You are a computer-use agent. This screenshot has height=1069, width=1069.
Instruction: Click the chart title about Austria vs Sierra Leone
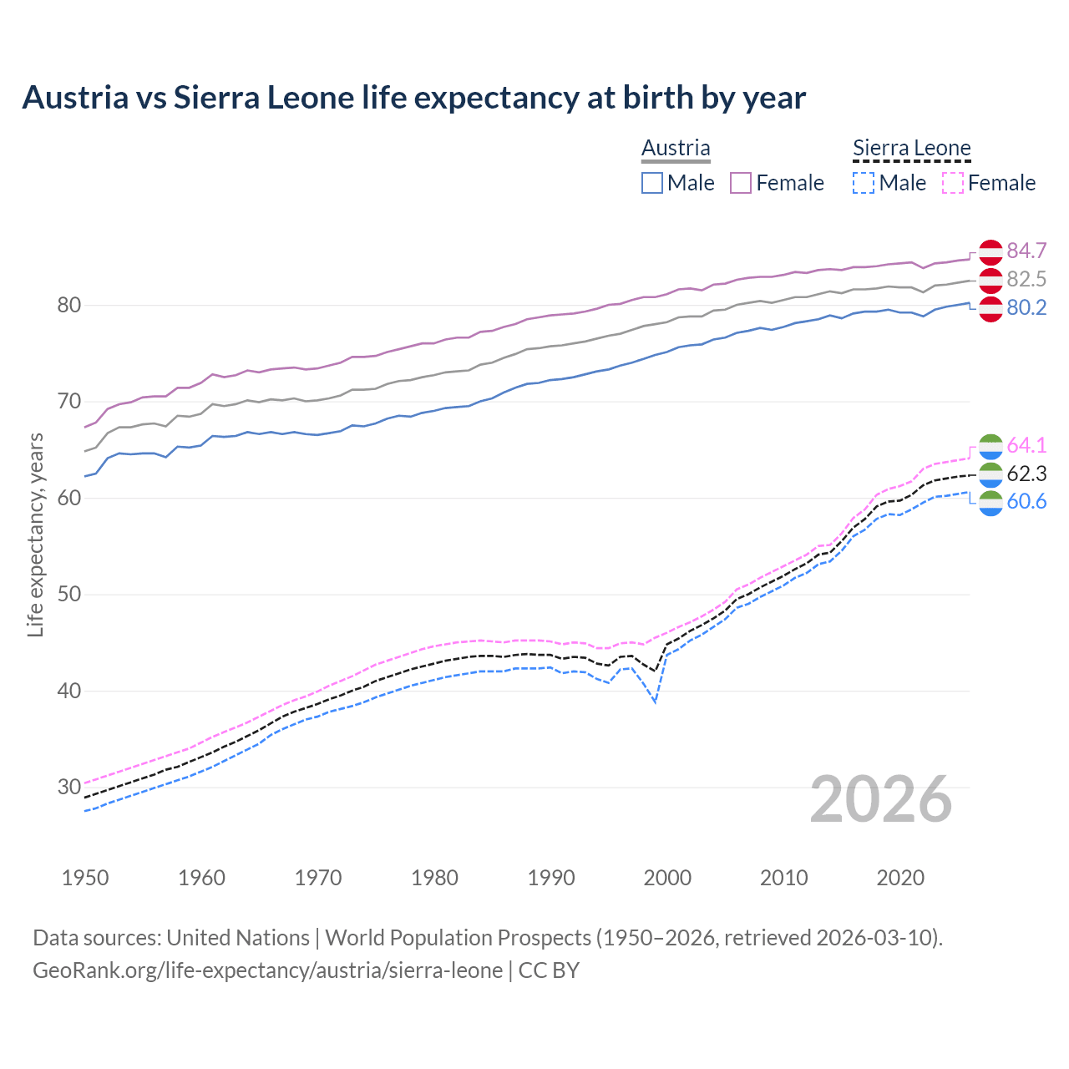(413, 98)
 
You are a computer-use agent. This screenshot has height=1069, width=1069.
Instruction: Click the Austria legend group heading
(676, 148)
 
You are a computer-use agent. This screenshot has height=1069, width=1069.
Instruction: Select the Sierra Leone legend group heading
(911, 149)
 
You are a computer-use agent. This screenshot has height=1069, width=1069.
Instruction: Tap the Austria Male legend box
(652, 183)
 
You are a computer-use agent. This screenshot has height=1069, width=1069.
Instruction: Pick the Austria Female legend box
(741, 183)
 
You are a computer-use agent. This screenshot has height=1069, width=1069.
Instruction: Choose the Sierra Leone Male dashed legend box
(864, 183)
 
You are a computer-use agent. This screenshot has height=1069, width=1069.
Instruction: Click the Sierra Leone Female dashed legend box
(953, 183)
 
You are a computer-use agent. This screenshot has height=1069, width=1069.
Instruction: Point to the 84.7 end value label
(1026, 251)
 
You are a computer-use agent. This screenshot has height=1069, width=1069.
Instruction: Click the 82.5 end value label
(1026, 279)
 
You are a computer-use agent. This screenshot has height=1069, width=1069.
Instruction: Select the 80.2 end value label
(1026, 307)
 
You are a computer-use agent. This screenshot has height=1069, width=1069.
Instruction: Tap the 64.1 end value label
(1026, 445)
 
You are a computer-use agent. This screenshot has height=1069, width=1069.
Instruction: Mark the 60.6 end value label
(1026, 501)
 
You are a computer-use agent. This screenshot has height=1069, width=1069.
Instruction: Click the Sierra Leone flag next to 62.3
(990, 474)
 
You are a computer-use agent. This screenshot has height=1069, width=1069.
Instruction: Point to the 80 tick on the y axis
(69, 305)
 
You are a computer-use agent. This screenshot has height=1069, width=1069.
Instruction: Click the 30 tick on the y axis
(69, 787)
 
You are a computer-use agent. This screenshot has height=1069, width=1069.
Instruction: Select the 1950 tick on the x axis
(85, 878)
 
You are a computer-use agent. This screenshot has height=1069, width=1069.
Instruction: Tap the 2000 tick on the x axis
(667, 878)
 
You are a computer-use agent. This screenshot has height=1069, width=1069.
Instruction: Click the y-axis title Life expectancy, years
(35, 534)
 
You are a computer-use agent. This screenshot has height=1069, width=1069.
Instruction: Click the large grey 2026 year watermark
(881, 799)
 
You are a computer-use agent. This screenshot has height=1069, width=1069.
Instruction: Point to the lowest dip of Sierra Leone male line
(656, 702)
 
